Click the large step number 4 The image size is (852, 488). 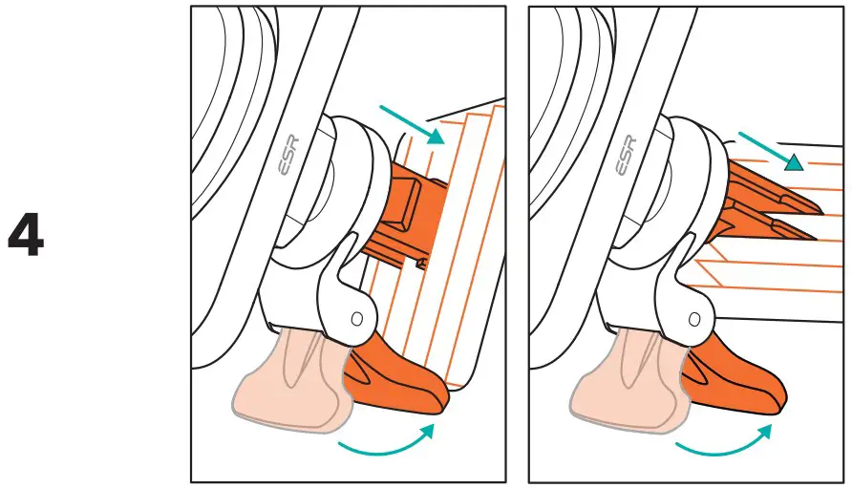(26, 236)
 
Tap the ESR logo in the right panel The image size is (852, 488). (627, 159)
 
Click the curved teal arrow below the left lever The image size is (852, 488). (386, 442)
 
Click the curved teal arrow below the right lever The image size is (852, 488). (724, 442)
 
